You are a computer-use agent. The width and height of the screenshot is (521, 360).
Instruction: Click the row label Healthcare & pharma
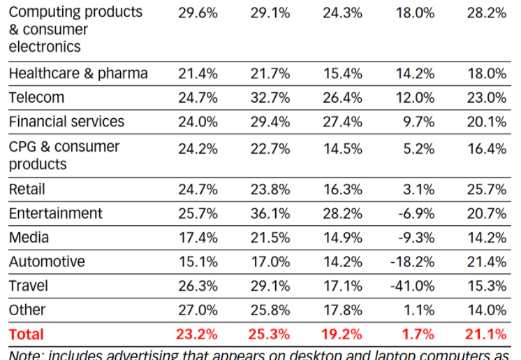point(78,73)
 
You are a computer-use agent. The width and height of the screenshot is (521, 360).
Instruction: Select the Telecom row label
point(36,97)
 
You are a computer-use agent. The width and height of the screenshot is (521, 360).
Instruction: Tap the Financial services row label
point(66,122)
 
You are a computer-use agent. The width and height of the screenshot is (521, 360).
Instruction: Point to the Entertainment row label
point(55,213)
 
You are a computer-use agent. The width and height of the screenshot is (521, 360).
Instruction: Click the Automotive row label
point(47,261)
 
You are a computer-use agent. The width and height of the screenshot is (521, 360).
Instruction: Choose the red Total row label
point(26,334)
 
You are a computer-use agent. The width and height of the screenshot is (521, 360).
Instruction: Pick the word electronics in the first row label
point(45,47)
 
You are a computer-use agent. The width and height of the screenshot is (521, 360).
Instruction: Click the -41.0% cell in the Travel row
point(413,286)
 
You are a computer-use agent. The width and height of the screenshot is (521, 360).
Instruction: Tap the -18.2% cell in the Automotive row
point(413,261)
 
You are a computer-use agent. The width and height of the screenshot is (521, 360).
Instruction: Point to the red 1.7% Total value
point(418,334)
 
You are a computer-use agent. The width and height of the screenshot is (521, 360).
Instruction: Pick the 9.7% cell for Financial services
point(418,122)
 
